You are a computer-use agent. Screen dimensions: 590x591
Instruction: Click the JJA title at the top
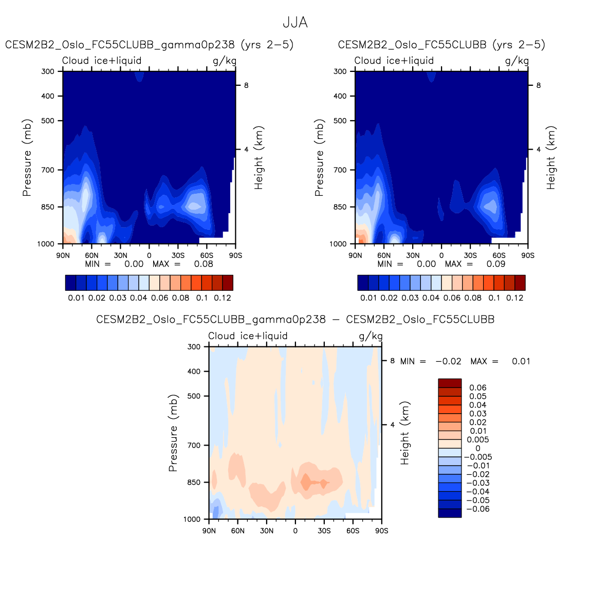click(x=295, y=23)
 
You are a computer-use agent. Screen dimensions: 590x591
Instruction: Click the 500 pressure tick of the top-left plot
click(x=48, y=121)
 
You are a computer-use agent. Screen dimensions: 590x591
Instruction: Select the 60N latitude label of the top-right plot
click(x=384, y=255)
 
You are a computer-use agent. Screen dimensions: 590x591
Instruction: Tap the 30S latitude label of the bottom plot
click(x=324, y=531)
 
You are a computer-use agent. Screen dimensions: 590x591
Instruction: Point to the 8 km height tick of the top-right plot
click(x=539, y=85)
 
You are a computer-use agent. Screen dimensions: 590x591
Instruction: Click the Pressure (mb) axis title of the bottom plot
click(x=173, y=433)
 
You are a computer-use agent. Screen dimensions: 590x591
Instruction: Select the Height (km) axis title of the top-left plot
click(x=258, y=157)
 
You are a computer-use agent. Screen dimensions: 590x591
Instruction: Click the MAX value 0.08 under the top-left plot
click(x=204, y=264)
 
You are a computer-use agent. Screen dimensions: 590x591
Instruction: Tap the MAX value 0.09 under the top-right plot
click(x=496, y=264)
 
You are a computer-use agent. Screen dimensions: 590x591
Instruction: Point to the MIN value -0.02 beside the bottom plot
click(x=448, y=361)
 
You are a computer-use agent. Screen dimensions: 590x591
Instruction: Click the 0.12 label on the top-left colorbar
click(x=223, y=298)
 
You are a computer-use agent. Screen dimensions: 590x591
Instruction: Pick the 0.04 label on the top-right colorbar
click(x=431, y=298)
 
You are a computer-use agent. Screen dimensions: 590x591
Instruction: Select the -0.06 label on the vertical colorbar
click(x=477, y=509)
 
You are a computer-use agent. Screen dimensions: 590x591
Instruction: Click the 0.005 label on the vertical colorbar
click(x=477, y=439)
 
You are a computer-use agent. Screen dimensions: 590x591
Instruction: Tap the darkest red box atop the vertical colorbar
click(x=450, y=383)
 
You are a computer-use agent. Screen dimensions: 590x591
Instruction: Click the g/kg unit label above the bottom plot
click(x=371, y=336)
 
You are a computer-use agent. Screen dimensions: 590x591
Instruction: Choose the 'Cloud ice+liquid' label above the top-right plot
click(x=394, y=61)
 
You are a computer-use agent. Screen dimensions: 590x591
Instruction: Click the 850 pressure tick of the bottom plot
click(x=194, y=482)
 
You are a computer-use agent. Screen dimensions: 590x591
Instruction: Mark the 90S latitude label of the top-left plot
click(x=235, y=255)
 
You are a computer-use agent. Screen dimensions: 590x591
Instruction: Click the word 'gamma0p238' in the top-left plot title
click(x=198, y=45)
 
